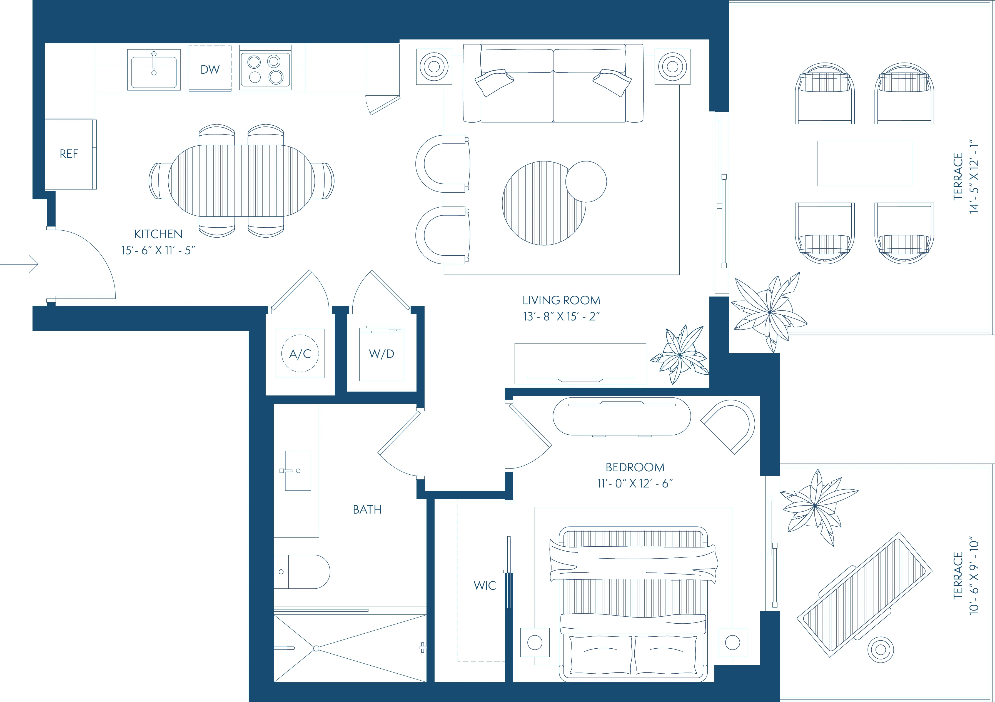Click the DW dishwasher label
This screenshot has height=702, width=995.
pos(210,69)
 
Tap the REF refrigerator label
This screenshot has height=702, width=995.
pos(69,154)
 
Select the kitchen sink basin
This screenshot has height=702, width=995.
pos(154,71)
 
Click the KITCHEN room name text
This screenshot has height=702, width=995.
pos(158,234)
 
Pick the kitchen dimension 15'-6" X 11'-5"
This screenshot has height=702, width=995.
pos(158,250)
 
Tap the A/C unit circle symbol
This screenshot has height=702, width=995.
pos(300,354)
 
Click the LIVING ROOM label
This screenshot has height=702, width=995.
pos(561,300)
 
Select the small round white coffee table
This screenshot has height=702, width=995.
pos(586,181)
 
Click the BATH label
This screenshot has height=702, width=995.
pos(367,510)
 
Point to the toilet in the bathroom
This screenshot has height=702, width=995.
pos(303,572)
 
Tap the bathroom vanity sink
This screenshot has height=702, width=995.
pos(298,471)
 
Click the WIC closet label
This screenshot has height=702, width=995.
pos(485,586)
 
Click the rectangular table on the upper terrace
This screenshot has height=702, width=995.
pos(864,163)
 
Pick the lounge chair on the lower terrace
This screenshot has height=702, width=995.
pos(865,594)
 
